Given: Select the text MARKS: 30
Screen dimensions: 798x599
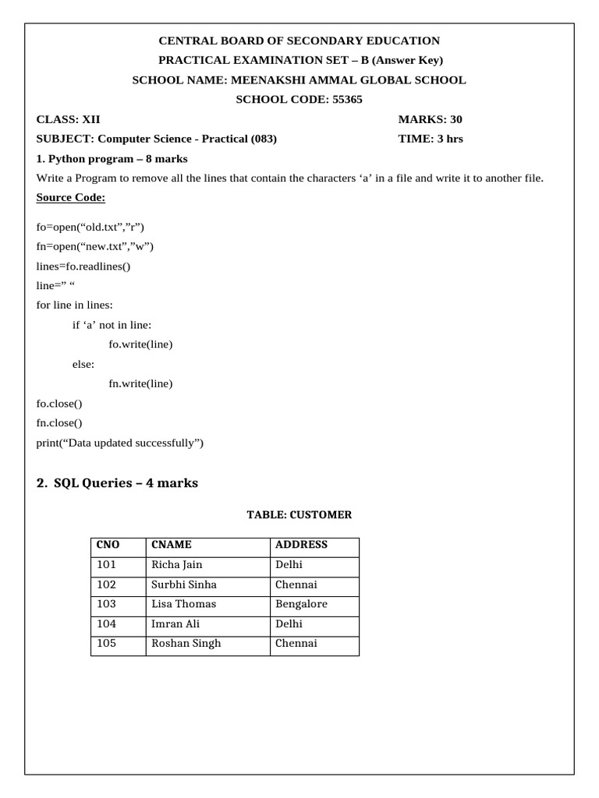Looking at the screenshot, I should pyautogui.click(x=430, y=119).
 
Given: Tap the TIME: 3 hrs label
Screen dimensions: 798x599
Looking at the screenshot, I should pyautogui.click(x=431, y=139).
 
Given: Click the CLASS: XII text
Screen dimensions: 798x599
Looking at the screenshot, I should pyautogui.click(x=69, y=119).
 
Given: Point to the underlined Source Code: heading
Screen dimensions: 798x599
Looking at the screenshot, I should pyautogui.click(x=71, y=197).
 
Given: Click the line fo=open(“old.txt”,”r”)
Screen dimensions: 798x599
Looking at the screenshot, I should pyautogui.click(x=90, y=227).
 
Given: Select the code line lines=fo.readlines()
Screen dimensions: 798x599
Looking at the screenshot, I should pyautogui.click(x=84, y=266).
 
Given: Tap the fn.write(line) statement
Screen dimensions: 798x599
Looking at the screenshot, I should pyautogui.click(x=140, y=383).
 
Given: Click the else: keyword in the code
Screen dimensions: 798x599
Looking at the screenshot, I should pyautogui.click(x=83, y=364).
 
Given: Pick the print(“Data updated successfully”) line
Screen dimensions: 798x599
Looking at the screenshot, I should pyautogui.click(x=120, y=443).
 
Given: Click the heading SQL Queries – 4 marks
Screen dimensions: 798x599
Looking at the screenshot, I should pyautogui.click(x=117, y=483).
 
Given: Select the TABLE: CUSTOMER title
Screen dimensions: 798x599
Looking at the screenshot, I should pyautogui.click(x=299, y=515).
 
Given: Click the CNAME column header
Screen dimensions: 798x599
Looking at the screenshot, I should pyautogui.click(x=172, y=545).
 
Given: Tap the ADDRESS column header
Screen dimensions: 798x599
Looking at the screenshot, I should pyautogui.click(x=301, y=545).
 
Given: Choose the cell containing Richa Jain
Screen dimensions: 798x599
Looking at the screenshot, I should pyautogui.click(x=177, y=565).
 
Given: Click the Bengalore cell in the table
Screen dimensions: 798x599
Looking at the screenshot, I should pyautogui.click(x=301, y=604).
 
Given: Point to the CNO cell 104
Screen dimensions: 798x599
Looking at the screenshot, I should pyautogui.click(x=106, y=623).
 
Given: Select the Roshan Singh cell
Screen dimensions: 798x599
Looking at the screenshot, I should pyautogui.click(x=186, y=644).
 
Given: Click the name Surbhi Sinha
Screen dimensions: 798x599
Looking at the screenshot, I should pyautogui.click(x=184, y=584).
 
